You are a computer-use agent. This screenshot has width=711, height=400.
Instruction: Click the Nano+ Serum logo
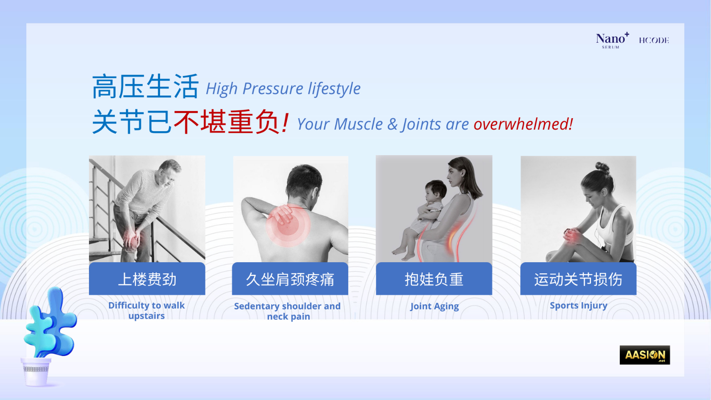click(x=612, y=40)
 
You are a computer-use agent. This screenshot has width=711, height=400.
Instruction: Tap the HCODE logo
click(x=654, y=40)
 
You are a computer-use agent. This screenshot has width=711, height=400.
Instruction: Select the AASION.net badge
click(x=645, y=355)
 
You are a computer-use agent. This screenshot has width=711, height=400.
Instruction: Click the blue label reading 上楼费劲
click(x=147, y=279)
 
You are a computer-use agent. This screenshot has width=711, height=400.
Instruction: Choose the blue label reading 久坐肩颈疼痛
click(x=290, y=279)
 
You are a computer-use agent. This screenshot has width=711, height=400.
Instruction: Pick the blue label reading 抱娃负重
click(x=434, y=279)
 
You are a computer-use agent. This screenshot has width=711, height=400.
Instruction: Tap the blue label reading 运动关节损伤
click(x=578, y=279)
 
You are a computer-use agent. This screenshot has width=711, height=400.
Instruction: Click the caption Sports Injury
click(x=578, y=305)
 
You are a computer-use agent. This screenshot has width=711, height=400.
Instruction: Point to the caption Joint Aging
click(x=434, y=306)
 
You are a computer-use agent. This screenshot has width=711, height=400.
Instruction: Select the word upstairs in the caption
click(x=146, y=316)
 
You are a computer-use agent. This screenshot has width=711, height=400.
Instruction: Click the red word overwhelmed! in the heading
click(x=523, y=124)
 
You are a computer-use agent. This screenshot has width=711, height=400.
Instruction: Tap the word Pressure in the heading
click(x=272, y=88)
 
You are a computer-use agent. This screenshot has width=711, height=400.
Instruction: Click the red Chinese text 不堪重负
click(x=226, y=122)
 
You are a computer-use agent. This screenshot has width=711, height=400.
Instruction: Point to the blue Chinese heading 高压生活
click(x=145, y=86)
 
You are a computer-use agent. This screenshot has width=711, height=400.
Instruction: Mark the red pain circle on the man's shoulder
click(x=288, y=226)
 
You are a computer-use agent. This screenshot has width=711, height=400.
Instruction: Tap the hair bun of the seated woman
click(x=602, y=167)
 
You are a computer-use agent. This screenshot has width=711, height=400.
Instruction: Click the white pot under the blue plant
click(x=36, y=372)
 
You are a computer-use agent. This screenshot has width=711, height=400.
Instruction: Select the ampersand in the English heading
click(x=392, y=124)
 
